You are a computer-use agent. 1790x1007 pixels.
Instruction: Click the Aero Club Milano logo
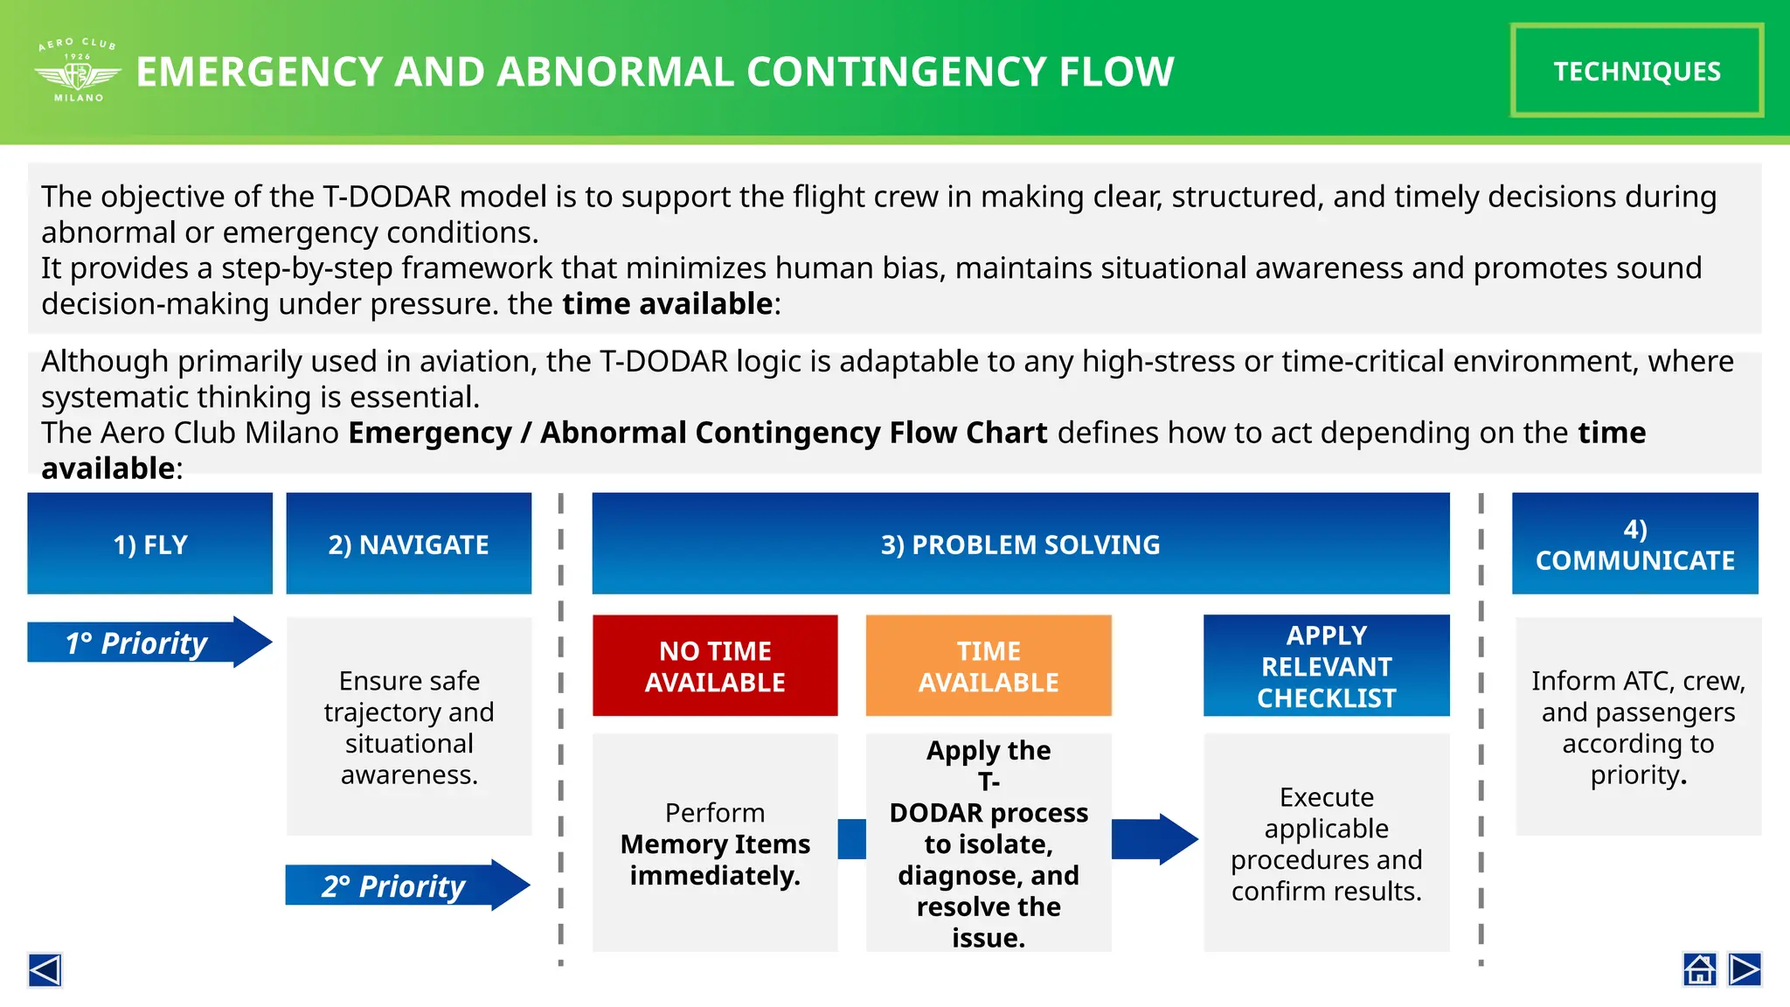click(x=78, y=71)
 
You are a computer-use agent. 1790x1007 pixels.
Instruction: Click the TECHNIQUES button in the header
click(x=1636, y=71)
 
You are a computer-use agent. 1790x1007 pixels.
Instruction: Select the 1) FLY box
click(x=149, y=544)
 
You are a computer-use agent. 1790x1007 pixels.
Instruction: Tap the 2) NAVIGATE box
click(x=408, y=544)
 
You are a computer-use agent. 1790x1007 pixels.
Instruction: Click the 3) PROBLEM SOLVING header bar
click(x=1020, y=544)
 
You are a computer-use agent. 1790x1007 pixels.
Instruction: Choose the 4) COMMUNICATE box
click(x=1634, y=544)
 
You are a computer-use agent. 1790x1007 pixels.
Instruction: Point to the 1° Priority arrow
click(x=149, y=642)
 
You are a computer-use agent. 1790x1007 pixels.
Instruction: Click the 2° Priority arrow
click(x=406, y=885)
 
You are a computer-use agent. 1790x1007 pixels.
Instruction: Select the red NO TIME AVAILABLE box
click(x=715, y=665)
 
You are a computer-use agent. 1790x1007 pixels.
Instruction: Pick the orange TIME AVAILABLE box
click(x=989, y=665)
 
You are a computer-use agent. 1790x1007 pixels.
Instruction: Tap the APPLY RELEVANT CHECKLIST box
click(x=1326, y=665)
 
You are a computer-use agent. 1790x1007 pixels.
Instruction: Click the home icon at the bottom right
click(x=1699, y=969)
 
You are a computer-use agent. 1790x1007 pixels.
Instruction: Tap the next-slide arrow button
click(x=1745, y=969)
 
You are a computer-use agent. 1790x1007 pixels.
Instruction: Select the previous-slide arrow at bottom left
click(x=45, y=970)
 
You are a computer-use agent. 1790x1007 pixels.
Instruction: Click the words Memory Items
click(x=715, y=844)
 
